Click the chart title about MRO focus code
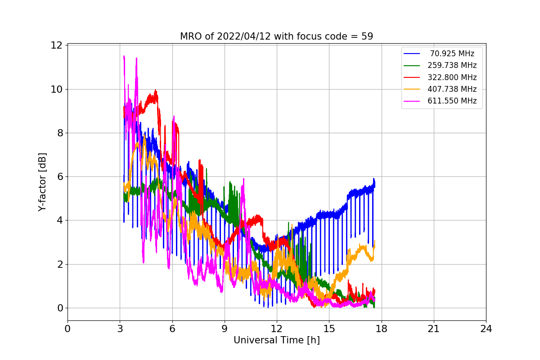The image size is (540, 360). [276, 36]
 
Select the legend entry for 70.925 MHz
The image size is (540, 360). [452, 54]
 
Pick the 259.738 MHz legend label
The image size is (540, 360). [452, 66]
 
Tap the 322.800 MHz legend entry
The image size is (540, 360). [452, 77]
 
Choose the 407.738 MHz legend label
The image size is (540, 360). [452, 89]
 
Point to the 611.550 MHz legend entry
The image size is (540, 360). [452, 101]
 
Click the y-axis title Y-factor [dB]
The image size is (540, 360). [42, 182]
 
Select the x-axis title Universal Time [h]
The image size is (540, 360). [276, 341]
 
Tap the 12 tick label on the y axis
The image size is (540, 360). [56, 45]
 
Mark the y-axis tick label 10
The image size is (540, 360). [56, 89]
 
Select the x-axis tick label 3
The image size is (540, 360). [120, 329]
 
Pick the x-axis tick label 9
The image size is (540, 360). [225, 329]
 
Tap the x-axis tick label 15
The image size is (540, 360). [329, 329]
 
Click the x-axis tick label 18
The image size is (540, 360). [381, 329]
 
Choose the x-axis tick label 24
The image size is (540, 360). [486, 329]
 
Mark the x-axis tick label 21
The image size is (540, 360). [433, 329]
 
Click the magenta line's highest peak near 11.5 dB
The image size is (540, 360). [124, 56]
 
